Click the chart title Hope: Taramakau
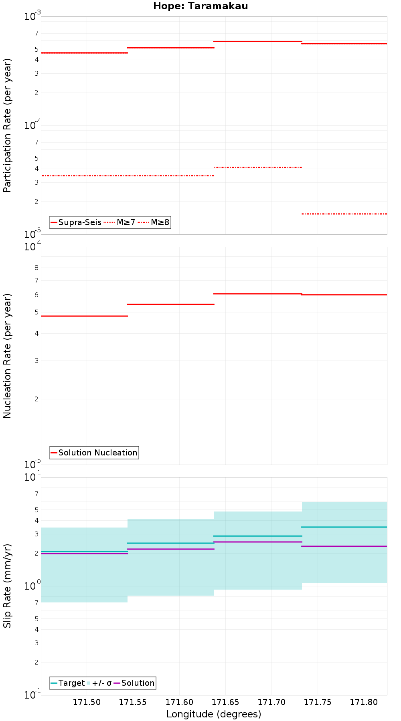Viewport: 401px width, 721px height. tap(200, 6)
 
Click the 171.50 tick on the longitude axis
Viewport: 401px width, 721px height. tap(87, 702)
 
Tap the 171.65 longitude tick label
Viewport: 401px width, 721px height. tap(225, 702)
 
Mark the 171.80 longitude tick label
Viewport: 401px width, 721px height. tap(363, 702)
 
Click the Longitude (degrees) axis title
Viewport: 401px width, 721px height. tap(214, 714)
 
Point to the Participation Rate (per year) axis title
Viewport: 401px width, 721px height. tap(7, 125)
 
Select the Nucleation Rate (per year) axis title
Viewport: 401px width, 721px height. tap(7, 356)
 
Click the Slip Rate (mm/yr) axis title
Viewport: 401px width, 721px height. tap(7, 586)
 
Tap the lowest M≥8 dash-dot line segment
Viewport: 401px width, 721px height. tap(344, 214)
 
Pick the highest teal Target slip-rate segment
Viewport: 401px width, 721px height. tap(344, 527)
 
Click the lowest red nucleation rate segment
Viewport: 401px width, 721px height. tap(84, 316)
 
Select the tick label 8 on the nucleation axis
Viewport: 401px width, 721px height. tap(36, 268)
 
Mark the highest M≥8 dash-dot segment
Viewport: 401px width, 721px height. tap(258, 167)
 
